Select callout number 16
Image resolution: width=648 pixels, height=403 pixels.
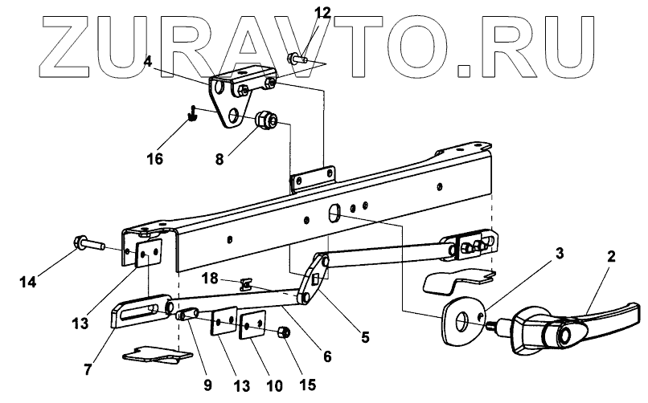coord(154,159)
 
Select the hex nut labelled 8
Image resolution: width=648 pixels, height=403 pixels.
coord(266,123)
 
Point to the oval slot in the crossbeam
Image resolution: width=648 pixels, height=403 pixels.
coord(334,214)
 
